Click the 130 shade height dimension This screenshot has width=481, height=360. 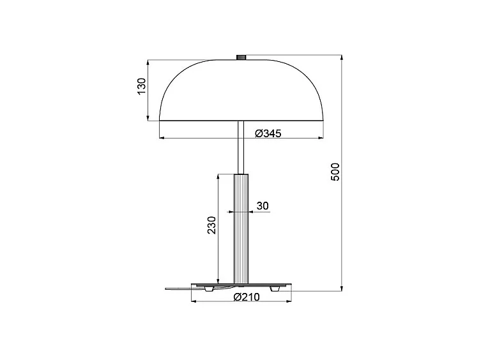click(x=142, y=87)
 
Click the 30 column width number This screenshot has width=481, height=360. click(x=263, y=206)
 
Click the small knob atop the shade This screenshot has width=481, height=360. click(x=241, y=57)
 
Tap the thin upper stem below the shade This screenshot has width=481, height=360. click(x=240, y=147)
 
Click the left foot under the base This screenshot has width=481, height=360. click(x=208, y=289)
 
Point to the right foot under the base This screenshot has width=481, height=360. click(x=275, y=289)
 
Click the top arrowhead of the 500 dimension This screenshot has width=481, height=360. click(x=342, y=57)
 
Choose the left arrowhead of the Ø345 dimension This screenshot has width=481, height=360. click(x=161, y=137)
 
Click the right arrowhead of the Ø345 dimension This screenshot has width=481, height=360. click(x=321, y=137)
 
